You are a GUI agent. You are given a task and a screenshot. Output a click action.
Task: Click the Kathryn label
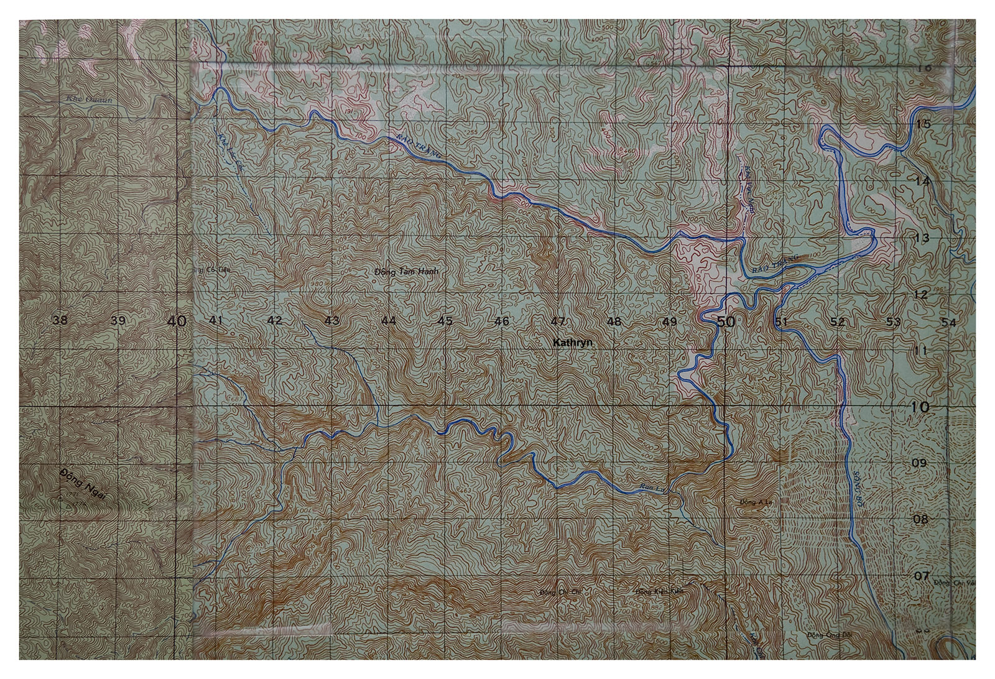click(x=573, y=343)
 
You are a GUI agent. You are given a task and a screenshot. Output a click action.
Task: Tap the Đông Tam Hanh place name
click(x=407, y=272)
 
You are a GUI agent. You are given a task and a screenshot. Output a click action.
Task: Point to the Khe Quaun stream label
click(x=91, y=99)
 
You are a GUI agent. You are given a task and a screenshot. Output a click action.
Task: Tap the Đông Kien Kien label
click(x=660, y=591)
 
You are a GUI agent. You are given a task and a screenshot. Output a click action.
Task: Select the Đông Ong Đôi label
click(x=823, y=634)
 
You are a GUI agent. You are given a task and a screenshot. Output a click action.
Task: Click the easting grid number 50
click(x=725, y=321)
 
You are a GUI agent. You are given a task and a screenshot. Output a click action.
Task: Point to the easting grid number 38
click(x=60, y=321)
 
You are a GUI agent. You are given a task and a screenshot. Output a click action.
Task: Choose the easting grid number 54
click(x=948, y=322)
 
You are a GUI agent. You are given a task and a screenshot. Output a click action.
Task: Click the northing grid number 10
click(x=920, y=407)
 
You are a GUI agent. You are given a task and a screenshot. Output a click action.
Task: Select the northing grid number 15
click(x=923, y=124)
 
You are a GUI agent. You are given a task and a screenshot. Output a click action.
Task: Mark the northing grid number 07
click(x=920, y=576)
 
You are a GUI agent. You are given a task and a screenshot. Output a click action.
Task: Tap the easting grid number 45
click(x=445, y=321)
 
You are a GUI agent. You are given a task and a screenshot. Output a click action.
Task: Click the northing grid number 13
click(x=922, y=238)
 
